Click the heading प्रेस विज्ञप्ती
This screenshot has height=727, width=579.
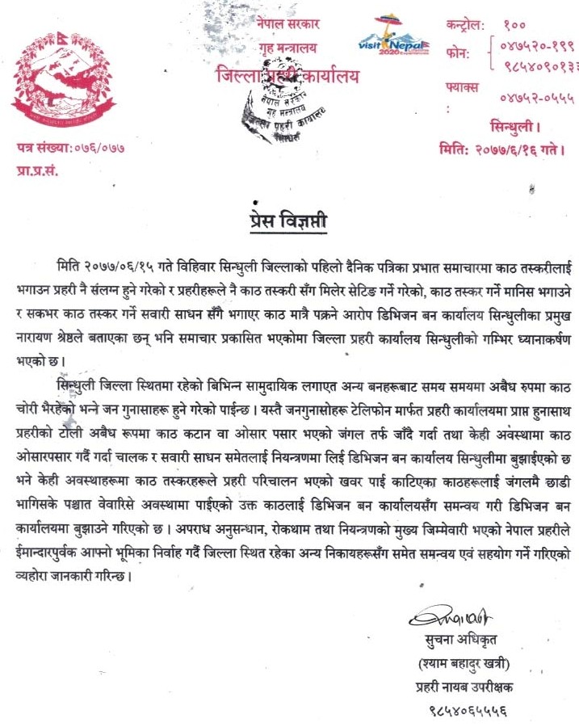(x=288, y=220)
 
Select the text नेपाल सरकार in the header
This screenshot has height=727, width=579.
(x=289, y=25)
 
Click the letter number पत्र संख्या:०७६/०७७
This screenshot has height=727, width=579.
(x=71, y=148)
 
